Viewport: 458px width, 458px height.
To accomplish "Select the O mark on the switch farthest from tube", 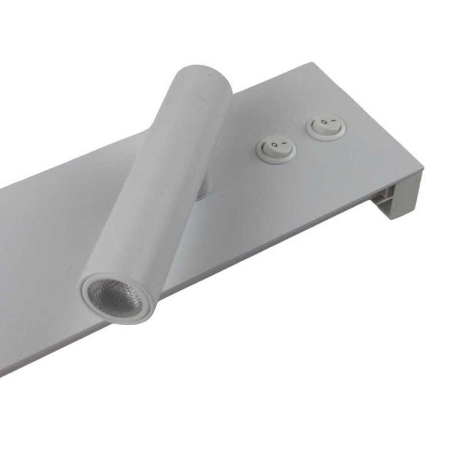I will (322, 122).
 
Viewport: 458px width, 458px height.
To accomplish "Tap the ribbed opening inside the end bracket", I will (382, 198).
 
